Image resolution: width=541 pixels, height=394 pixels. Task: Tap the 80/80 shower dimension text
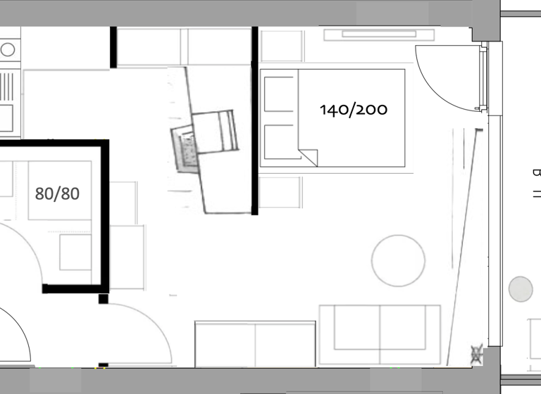pos(57,193)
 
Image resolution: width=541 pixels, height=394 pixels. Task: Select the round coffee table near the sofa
pos(399,260)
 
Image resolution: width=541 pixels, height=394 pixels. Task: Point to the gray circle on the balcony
pos(521,289)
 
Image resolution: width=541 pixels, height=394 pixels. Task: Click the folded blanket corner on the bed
pos(308,157)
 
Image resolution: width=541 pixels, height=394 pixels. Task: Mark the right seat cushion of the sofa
pos(409,327)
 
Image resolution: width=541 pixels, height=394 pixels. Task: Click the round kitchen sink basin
pos(8,49)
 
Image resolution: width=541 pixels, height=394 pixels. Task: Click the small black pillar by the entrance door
pos(104,299)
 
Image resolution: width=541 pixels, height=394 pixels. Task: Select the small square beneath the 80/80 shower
pos(75,252)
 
